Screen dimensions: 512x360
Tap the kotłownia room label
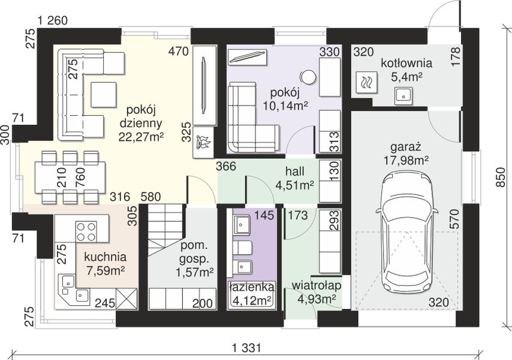[406, 63]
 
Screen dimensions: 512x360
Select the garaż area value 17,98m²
[406, 160]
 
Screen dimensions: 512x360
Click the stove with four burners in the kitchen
[86, 231]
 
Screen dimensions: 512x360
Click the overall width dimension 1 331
[247, 347]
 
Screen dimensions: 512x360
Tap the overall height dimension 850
[499, 178]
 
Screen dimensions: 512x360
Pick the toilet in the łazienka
[242, 248]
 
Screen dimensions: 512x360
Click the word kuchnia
[105, 257]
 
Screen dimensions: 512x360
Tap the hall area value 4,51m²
[295, 185]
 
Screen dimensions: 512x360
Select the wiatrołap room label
[316, 285]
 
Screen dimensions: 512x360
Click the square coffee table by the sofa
[104, 95]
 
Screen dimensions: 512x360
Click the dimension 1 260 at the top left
[53, 21]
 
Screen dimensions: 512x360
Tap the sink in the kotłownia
[403, 96]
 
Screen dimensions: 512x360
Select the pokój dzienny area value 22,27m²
[141, 137]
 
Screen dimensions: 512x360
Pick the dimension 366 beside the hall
[225, 166]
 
